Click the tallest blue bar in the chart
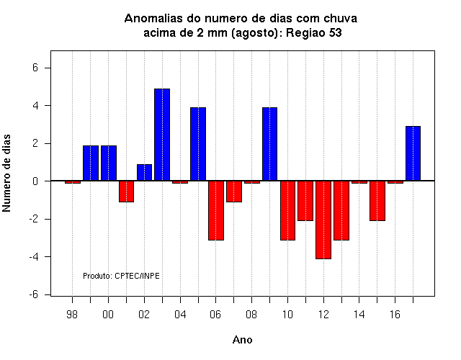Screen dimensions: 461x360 click(162, 135)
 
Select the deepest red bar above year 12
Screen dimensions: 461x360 click(323, 220)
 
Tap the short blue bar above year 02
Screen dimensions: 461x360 click(144, 173)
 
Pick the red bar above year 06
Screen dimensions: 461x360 click(216, 210)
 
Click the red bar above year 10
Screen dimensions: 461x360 click(287, 210)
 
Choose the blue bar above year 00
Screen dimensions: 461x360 click(109, 163)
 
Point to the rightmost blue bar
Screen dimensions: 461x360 click(413, 153)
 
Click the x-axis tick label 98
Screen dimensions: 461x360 click(72, 315)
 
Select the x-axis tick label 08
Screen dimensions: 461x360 click(251, 315)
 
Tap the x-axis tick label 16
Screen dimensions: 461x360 click(395, 315)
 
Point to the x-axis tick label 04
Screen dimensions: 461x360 click(180, 315)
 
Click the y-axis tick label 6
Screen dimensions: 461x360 click(35, 68)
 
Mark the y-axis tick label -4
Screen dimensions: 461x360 click(34, 257)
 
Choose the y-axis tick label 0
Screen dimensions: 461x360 click(35, 181)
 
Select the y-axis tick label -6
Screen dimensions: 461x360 click(34, 294)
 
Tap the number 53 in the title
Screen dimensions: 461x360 click(335, 32)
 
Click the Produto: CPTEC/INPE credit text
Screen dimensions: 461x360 click(121, 276)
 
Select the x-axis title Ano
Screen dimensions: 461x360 click(242, 340)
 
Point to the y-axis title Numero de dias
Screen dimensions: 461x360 click(6, 173)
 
